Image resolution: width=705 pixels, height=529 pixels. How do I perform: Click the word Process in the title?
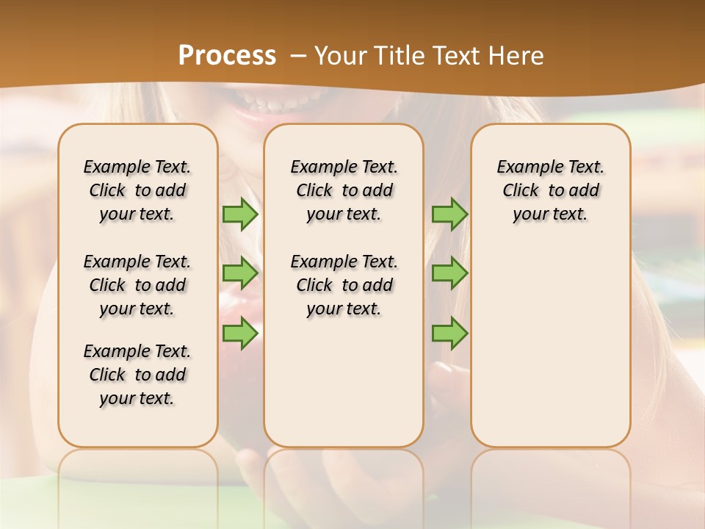click(x=227, y=55)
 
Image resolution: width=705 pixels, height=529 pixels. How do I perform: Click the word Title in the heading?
click(x=401, y=55)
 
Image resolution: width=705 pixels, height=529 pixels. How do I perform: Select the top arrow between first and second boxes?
click(x=240, y=215)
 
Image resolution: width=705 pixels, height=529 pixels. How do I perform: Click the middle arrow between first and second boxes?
click(x=240, y=273)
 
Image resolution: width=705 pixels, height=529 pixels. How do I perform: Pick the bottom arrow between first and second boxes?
click(x=240, y=334)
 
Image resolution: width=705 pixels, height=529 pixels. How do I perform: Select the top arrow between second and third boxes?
click(x=449, y=215)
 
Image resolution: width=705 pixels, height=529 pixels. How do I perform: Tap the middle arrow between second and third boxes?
click(x=449, y=273)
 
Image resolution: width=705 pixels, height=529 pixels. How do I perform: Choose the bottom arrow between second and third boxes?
click(x=449, y=334)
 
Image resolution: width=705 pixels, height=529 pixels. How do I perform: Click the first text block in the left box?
click(x=137, y=190)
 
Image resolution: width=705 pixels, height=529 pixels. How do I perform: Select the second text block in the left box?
click(x=137, y=285)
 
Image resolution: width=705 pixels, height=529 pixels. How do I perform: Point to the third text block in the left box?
click(x=137, y=375)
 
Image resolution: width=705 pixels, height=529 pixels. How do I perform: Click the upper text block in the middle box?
click(x=344, y=190)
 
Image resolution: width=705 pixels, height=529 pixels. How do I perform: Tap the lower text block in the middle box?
click(x=344, y=285)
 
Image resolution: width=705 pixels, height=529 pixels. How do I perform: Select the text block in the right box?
click(x=551, y=190)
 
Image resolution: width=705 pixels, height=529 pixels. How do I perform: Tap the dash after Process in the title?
click(x=298, y=56)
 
